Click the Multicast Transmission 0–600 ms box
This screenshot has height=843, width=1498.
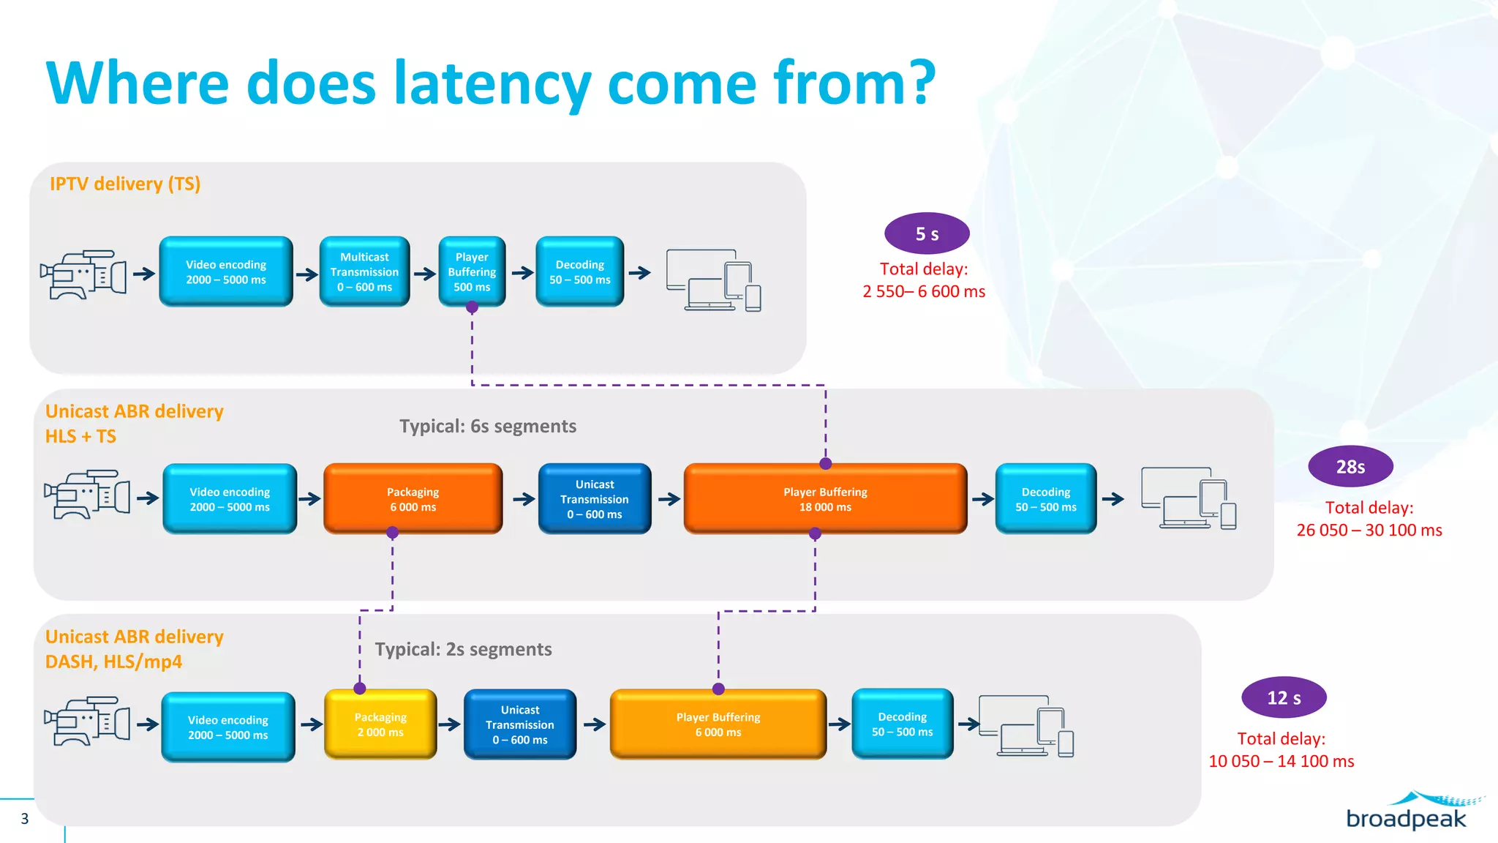coord(364,271)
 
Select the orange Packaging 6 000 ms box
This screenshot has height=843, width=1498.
coord(413,499)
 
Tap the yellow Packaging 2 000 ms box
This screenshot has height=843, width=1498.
coord(380,724)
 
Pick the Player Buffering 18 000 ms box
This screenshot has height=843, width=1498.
coord(825,499)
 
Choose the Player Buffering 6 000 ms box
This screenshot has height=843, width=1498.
coord(718,724)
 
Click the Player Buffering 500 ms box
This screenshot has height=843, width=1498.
coord(472,271)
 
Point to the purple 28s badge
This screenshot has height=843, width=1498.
coord(1350,467)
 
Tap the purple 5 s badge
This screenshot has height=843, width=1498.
coord(927,234)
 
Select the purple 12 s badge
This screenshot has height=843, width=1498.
coord(1284,698)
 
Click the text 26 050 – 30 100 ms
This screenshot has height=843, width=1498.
coord(1369,531)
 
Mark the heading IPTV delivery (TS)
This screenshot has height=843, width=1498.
coord(125,184)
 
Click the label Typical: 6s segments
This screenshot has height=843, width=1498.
coord(488,427)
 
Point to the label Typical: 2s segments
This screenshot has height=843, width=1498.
coord(463,650)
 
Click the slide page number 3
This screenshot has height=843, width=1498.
coord(25,819)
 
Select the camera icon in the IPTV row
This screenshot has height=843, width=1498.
coord(83,274)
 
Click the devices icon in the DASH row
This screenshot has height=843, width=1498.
coord(1026,726)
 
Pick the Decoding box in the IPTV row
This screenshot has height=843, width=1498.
coord(579,271)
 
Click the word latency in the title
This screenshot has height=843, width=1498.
coord(492,84)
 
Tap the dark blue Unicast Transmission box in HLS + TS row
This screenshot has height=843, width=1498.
coord(594,499)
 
